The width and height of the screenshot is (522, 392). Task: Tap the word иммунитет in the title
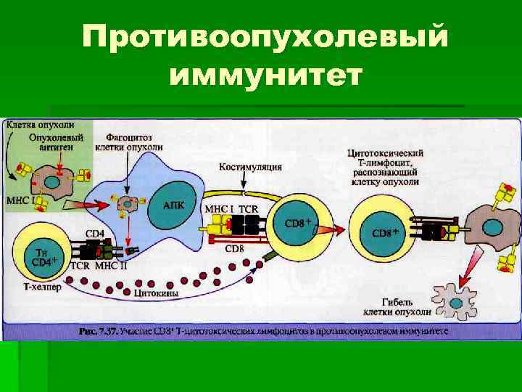tap(265, 75)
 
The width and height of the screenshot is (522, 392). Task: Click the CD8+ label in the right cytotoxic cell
tap(386, 233)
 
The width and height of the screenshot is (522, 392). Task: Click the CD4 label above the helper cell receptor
tap(94, 234)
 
